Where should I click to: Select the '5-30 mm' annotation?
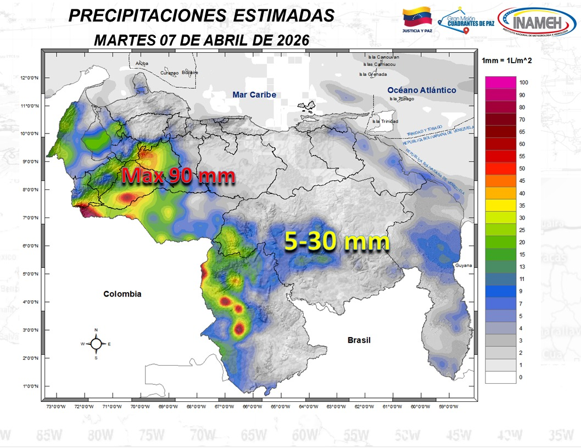coord(336,242)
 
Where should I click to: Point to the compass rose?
coord(96,344)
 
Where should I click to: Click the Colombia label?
coord(122,294)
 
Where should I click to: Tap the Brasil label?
coord(359,340)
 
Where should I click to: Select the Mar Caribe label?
coord(254,94)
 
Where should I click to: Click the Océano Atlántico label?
coord(421,90)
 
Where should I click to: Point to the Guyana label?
coord(463,265)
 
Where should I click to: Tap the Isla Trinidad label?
coord(385,121)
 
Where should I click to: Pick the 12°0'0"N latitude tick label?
coord(30,78)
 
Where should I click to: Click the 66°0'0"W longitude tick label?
coord(252,407)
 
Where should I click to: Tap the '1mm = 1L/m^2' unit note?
coord(506,60)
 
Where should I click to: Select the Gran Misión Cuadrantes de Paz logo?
coord(464,21)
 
